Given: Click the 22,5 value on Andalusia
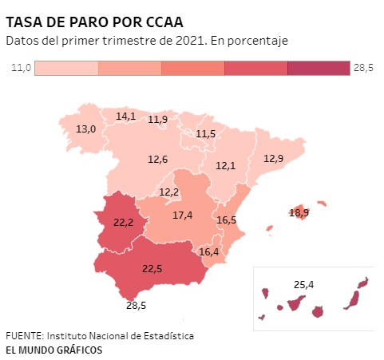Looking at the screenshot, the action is pyautogui.click(x=152, y=269).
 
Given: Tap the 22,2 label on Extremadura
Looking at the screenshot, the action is pyautogui.click(x=123, y=222).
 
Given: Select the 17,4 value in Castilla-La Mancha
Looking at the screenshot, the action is pyautogui.click(x=182, y=215).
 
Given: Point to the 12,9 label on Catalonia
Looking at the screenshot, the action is pyautogui.click(x=273, y=159).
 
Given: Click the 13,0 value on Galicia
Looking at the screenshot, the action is pyautogui.click(x=85, y=129).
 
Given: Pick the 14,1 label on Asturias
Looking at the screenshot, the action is pyautogui.click(x=126, y=117).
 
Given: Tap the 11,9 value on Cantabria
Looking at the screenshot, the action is pyautogui.click(x=157, y=120).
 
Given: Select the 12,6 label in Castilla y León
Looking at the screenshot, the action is pyautogui.click(x=157, y=160).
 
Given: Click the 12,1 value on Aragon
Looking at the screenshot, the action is pyautogui.click(x=225, y=166).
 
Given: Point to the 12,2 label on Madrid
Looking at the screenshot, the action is pyautogui.click(x=168, y=192).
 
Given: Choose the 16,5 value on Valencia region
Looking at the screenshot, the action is pyautogui.click(x=227, y=220).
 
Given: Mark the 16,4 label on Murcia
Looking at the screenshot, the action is pyautogui.click(x=209, y=251).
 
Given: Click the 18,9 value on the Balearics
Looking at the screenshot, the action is pyautogui.click(x=299, y=213).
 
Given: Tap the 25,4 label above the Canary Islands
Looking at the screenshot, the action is pyautogui.click(x=303, y=285).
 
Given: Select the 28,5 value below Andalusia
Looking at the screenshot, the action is pyautogui.click(x=136, y=306).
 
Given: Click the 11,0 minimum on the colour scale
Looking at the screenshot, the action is pyautogui.click(x=22, y=68).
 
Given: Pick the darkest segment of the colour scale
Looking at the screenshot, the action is pyautogui.click(x=319, y=68).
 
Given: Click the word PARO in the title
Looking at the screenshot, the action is pyautogui.click(x=89, y=22).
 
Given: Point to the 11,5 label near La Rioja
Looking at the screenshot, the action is pyautogui.click(x=205, y=133).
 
